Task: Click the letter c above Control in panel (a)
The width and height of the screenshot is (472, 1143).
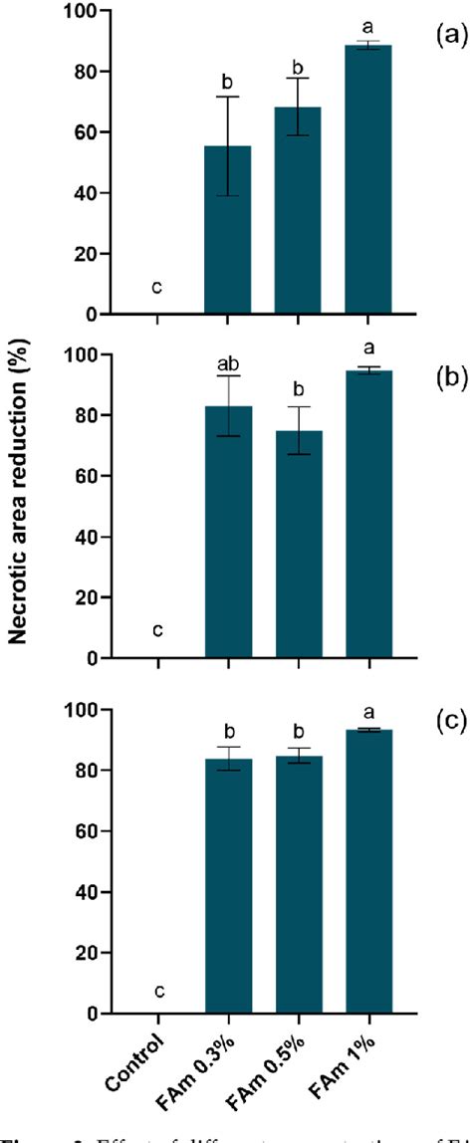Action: [x=157, y=288]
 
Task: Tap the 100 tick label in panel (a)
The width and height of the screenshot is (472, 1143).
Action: [x=78, y=11]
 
